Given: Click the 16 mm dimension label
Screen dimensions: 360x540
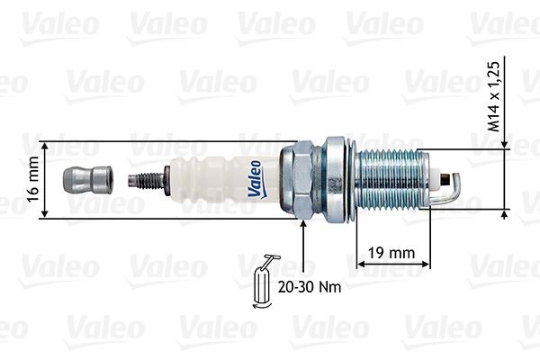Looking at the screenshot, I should click(x=33, y=180).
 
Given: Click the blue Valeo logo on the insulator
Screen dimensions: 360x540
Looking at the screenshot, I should click(x=255, y=178).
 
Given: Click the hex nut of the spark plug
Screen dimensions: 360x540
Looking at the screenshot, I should click(x=297, y=180).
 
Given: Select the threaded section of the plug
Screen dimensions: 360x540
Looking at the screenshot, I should click(x=392, y=180).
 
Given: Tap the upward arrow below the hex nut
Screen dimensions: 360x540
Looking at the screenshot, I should click(x=305, y=226).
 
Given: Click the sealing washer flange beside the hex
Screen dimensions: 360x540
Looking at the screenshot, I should click(x=334, y=180).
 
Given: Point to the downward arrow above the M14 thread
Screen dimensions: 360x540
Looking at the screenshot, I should click(x=505, y=143).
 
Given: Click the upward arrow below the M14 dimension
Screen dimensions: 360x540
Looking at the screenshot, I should click(x=505, y=215).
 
